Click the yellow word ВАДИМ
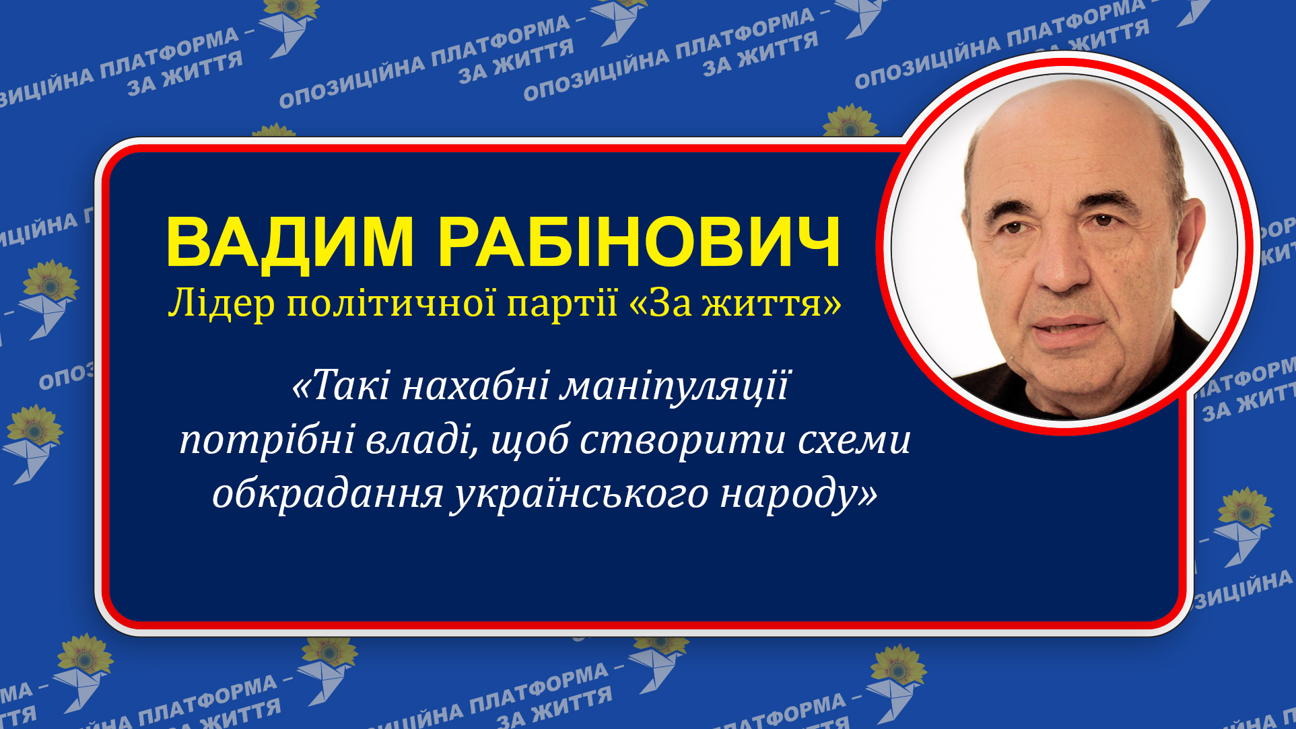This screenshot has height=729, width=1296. click(x=289, y=242)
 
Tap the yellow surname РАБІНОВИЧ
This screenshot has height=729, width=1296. click(x=639, y=242)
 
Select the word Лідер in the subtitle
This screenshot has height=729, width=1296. click(x=221, y=304)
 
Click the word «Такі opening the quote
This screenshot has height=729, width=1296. click(x=341, y=386)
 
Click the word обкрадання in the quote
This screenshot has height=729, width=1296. click(x=327, y=494)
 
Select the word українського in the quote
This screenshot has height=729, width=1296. click(x=580, y=495)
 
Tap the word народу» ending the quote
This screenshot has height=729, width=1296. click(x=798, y=494)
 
